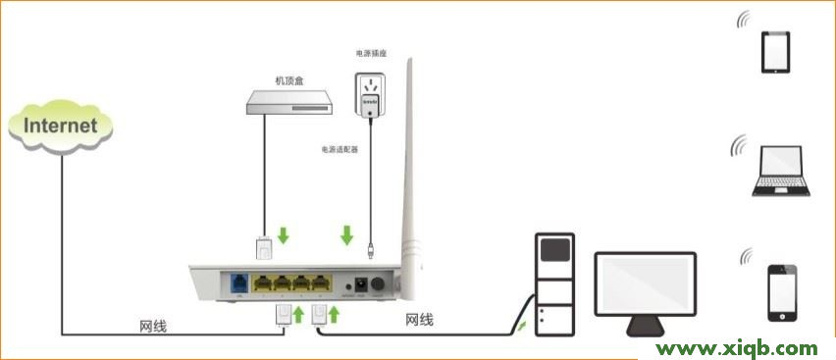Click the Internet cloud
click(60, 126)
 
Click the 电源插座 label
click(370, 52)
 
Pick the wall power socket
click(370, 92)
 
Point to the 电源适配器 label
click(340, 149)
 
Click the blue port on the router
click(238, 283)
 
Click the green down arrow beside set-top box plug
click(285, 236)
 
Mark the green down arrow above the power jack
click(346, 236)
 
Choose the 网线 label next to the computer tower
click(419, 321)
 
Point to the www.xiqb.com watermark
click(737, 348)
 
